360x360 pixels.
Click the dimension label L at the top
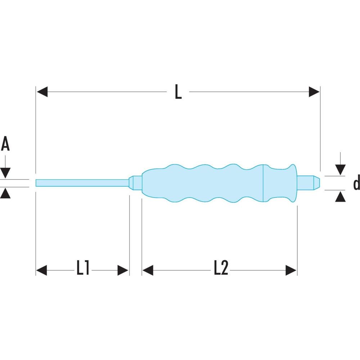coord(178,92)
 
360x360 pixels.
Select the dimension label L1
coord(83,268)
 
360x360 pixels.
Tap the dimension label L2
coord(221,268)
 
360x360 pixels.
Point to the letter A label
coord(5,144)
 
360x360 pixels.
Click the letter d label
coord(356,183)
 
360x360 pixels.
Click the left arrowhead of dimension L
coord(42,92)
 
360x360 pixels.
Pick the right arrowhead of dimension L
coord(314,92)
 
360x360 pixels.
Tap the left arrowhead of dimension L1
coord(41,270)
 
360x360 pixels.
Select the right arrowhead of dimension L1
coord(123,270)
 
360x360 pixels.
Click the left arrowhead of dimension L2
coord(148,270)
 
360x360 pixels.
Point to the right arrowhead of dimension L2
coord(291,270)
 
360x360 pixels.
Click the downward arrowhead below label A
coord(5,173)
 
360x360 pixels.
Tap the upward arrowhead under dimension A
coord(5,193)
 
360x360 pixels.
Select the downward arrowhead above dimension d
coord(340,170)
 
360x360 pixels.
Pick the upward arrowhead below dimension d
coord(340,197)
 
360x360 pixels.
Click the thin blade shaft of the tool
coord(82,183)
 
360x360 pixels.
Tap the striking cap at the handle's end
coord(309,183)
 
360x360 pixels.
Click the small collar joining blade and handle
coord(135,183)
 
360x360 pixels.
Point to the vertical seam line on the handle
coord(263,183)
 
